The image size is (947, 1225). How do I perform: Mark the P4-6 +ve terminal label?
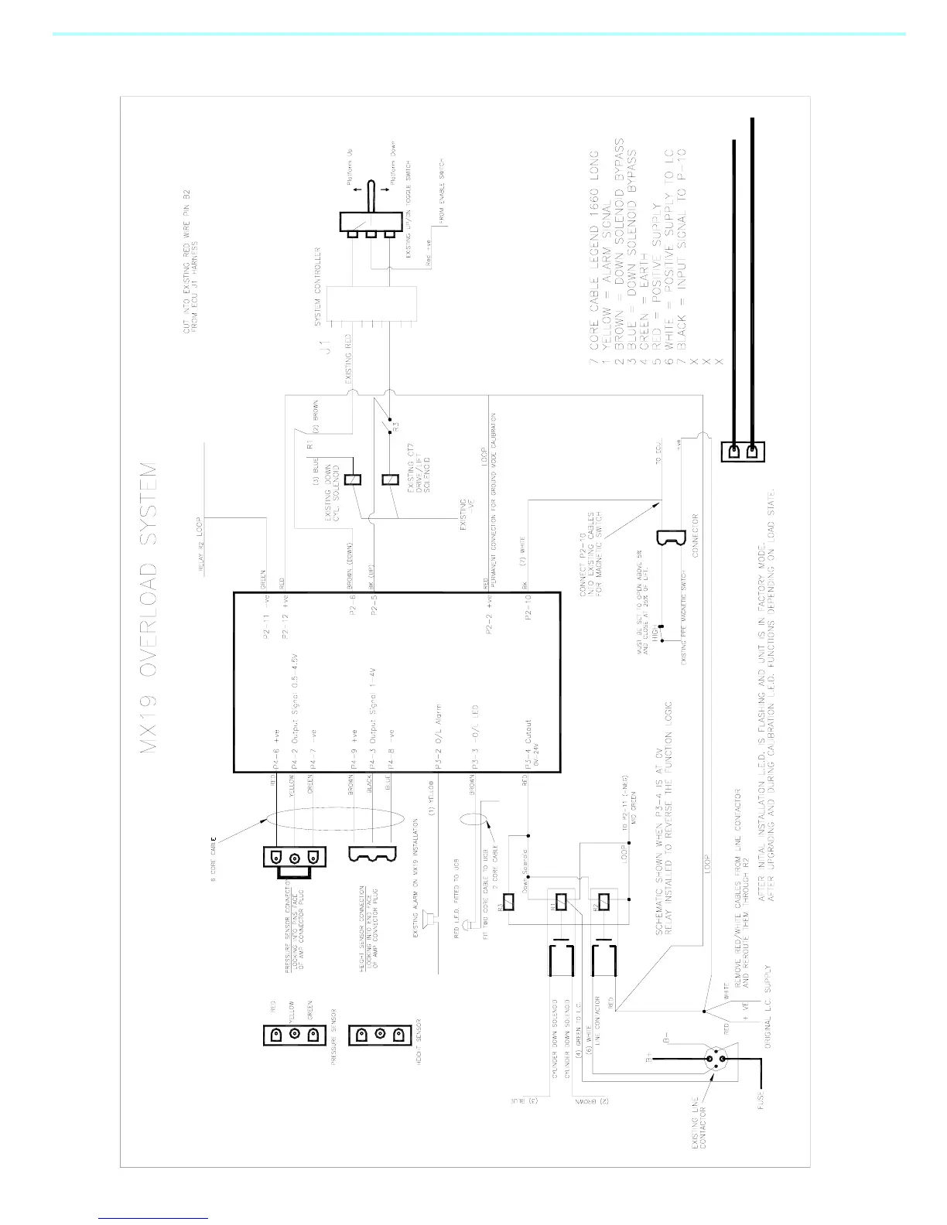[x=274, y=759]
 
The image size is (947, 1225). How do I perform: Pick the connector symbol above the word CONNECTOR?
[x=666, y=537]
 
